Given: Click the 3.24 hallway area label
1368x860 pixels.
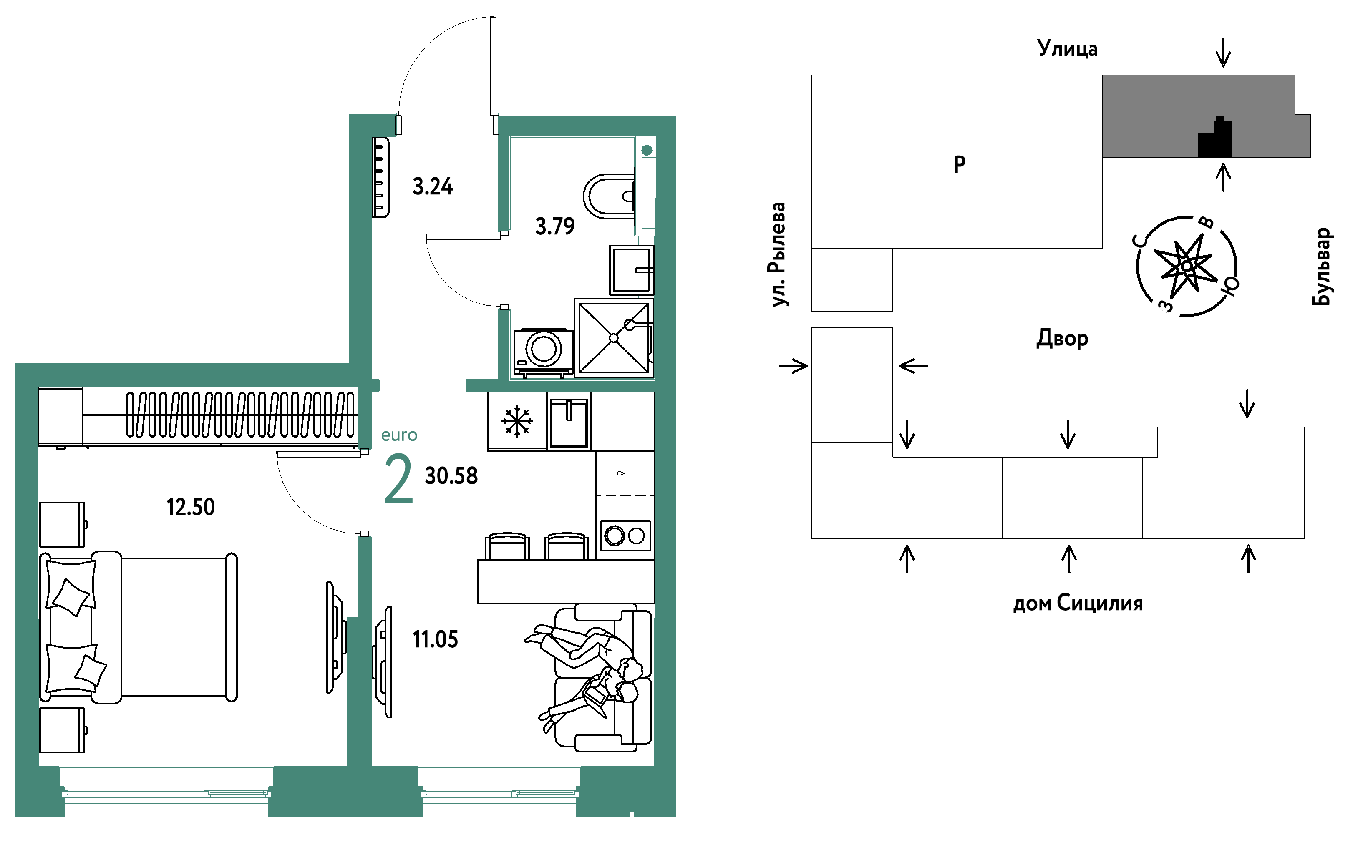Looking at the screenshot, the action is [433, 186].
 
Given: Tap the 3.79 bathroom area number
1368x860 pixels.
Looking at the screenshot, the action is [555, 226].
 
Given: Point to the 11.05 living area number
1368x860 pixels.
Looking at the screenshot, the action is [435, 640].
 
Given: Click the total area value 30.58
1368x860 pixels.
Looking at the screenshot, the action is [452, 476].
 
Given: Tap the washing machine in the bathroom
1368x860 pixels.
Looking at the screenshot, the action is [543, 352].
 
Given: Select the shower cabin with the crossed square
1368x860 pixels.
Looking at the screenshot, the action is [614, 338].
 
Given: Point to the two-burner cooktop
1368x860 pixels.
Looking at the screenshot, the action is [625, 536].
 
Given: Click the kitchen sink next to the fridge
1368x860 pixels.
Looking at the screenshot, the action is [569, 422].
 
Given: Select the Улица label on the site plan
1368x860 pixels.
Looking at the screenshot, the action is [1067, 49].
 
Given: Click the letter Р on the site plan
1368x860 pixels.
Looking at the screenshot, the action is [960, 164].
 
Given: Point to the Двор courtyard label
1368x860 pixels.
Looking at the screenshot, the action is [1062, 339].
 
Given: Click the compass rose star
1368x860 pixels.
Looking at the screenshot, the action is [1187, 265].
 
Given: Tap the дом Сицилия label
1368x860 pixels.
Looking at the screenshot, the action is [1078, 603].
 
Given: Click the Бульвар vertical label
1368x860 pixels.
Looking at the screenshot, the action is [1321, 267].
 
